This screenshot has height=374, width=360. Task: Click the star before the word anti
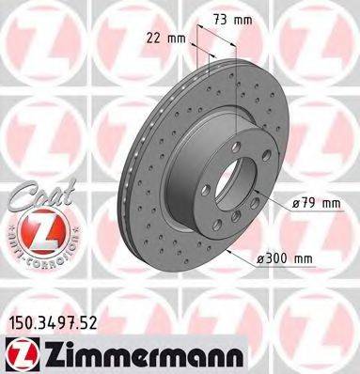[x=9, y=231]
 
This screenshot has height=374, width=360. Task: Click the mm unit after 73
[x=243, y=20]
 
